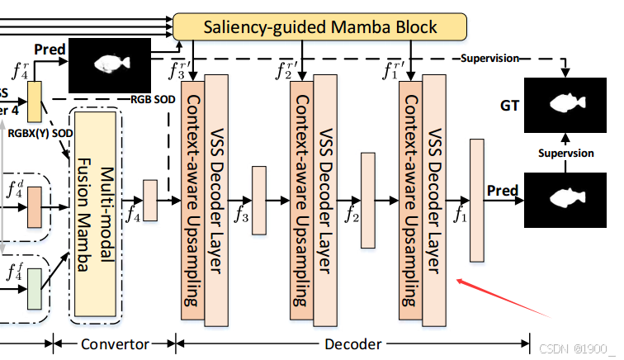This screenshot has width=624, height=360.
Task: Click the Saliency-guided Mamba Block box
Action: (x=319, y=27)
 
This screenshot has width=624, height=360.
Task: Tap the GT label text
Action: (x=508, y=107)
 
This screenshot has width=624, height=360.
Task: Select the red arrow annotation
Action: (x=503, y=298)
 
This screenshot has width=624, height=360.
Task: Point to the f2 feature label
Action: (x=352, y=216)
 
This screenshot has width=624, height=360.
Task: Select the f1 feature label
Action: (x=461, y=216)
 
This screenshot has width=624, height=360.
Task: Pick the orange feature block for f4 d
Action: (x=34, y=206)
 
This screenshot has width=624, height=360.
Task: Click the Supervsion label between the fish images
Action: (x=566, y=154)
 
